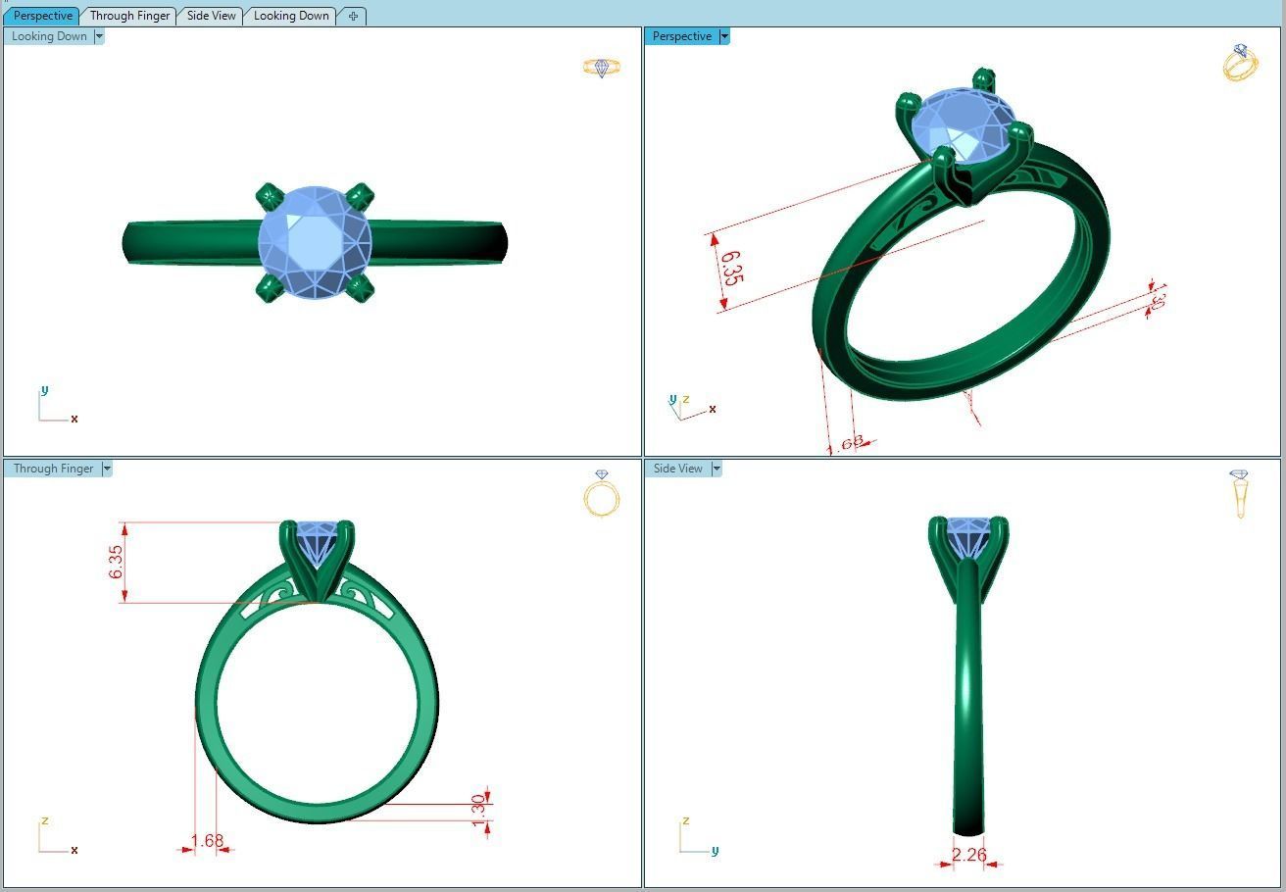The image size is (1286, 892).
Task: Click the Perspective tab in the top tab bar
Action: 42,16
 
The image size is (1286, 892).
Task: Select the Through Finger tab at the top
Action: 129,16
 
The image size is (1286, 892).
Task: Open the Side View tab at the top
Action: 211,16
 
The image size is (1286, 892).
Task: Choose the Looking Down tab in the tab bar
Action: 291,16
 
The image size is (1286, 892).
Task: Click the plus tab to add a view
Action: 353,16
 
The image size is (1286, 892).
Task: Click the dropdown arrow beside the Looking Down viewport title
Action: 99,36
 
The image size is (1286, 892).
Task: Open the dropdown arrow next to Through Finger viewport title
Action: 107,469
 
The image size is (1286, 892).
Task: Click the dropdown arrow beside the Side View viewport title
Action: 717,469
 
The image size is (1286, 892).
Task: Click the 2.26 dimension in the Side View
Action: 968,855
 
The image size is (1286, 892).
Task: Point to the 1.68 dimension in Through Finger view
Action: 207,841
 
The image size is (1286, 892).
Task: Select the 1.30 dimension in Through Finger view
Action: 478,810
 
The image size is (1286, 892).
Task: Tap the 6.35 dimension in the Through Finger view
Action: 117,562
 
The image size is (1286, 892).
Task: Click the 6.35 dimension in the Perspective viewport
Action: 730,268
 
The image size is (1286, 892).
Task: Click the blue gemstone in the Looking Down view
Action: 314,241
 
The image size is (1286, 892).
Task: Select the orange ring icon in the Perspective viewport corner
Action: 1240,63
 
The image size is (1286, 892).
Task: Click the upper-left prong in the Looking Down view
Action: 268,196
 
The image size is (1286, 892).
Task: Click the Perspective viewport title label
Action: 681,36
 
